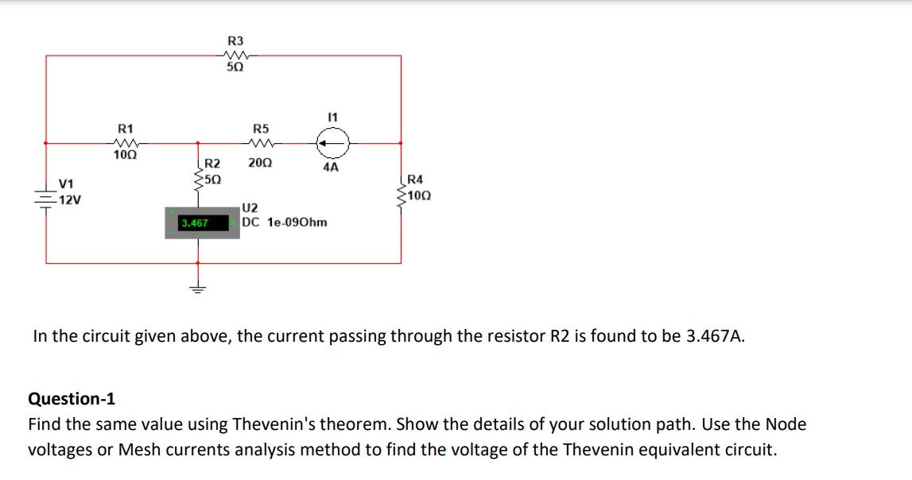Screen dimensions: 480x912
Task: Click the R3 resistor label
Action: pyautogui.click(x=236, y=41)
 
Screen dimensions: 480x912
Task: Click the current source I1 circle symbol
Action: pyautogui.click(x=331, y=144)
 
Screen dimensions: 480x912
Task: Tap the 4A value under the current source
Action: pyautogui.click(x=331, y=168)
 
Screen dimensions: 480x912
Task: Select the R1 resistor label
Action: pyautogui.click(x=126, y=128)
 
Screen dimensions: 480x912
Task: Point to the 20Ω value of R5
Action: pyautogui.click(x=259, y=163)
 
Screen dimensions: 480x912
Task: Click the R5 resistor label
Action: pyautogui.click(x=261, y=128)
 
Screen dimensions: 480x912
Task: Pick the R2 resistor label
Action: pyautogui.click(x=212, y=164)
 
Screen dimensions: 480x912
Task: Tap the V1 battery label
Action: pyautogui.click(x=67, y=185)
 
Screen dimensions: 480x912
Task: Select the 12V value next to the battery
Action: pyautogui.click(x=68, y=199)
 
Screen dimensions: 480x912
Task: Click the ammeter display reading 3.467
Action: pyautogui.click(x=195, y=223)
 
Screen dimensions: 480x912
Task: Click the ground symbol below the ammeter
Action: pyautogui.click(x=196, y=288)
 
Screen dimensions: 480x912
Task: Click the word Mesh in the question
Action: pyautogui.click(x=140, y=450)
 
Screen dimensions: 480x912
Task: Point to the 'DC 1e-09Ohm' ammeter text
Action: pyautogui.click(x=285, y=223)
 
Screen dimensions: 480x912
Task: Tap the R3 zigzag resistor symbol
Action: pyautogui.click(x=236, y=56)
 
